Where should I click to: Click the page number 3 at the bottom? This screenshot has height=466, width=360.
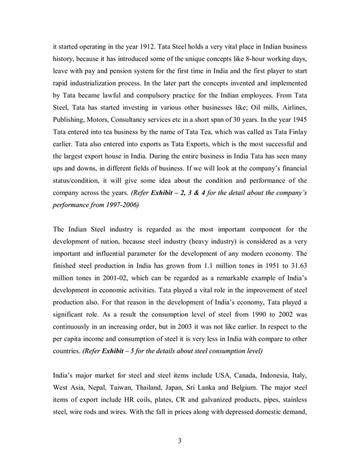[x=180, y=441]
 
